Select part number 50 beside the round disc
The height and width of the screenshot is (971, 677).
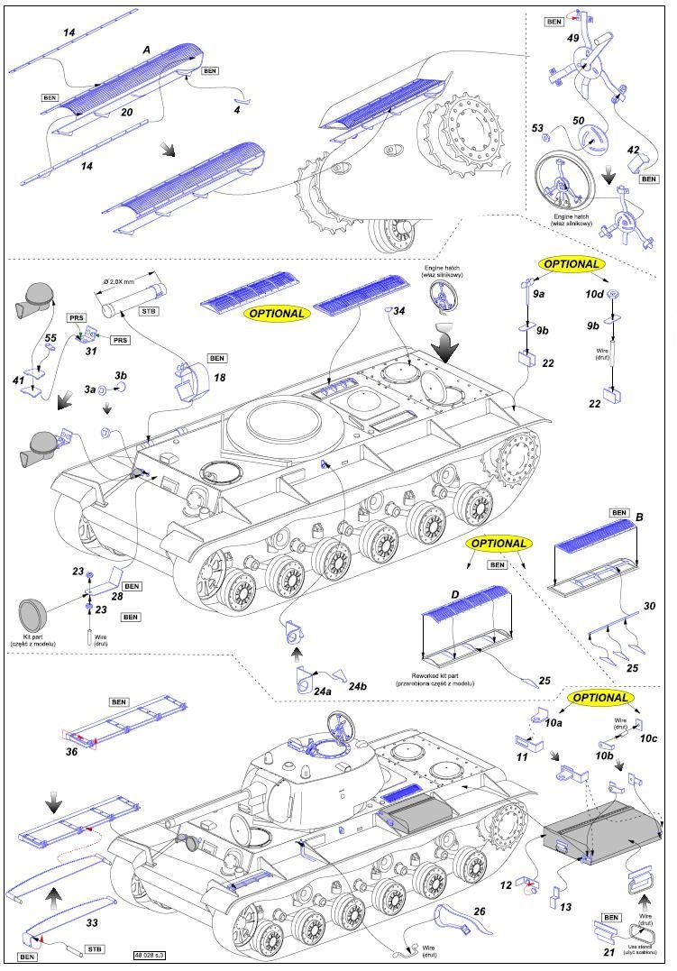[578, 120]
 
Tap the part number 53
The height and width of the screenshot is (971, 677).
[538, 129]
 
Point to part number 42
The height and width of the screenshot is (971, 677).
[634, 151]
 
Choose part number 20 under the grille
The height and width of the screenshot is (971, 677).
[126, 112]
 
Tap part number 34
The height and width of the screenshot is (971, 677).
[399, 311]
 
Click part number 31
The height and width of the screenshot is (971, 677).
[91, 352]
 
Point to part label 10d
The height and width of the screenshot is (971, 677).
[595, 295]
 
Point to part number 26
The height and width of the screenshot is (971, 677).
[479, 911]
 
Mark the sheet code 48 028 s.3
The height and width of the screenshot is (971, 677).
[149, 954]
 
